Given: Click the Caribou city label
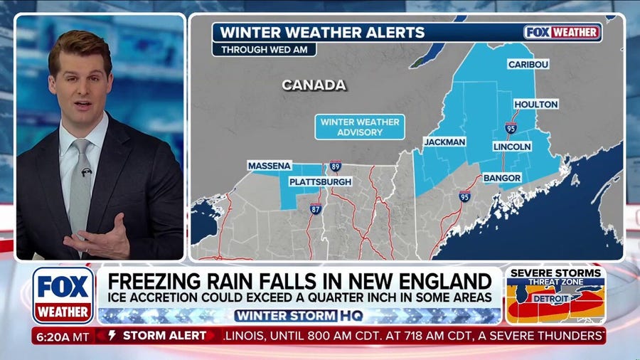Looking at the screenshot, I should [528, 64].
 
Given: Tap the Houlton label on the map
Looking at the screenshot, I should [535, 104].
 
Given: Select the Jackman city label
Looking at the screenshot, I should [444, 142].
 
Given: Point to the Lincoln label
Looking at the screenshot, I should [511, 146].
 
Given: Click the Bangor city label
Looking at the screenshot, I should [503, 177].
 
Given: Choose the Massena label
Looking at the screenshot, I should [270, 166].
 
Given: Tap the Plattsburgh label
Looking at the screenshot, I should [320, 182].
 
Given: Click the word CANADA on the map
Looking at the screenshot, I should [314, 85].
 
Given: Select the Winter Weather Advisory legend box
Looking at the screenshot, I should [360, 127].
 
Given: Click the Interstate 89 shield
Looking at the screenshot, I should [335, 166].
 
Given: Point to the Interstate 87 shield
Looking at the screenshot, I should [315, 208].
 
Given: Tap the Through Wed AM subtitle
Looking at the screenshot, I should [265, 50].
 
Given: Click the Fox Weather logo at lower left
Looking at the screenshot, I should [63, 295].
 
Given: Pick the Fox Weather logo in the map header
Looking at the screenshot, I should [562, 32].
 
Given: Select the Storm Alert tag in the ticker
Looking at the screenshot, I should [157, 336].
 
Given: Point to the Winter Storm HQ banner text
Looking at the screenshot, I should [299, 314].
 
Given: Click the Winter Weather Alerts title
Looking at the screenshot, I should [322, 32].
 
